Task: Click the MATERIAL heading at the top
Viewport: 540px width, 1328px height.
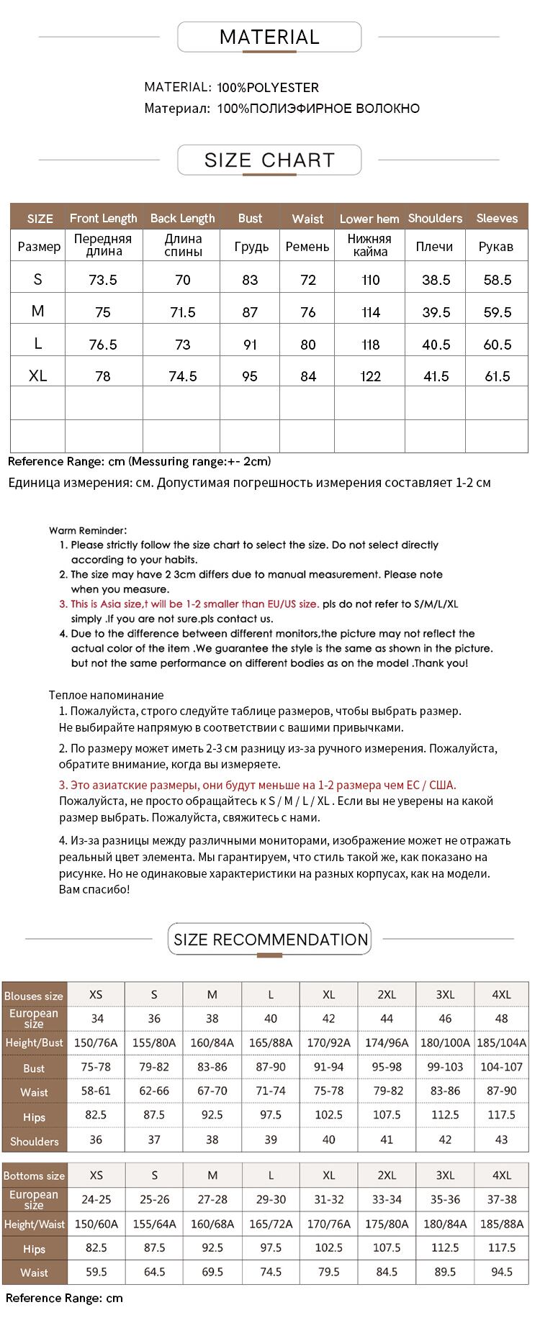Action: pyautogui.click(x=269, y=37)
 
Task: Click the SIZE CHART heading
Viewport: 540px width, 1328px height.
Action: pyautogui.click(x=269, y=160)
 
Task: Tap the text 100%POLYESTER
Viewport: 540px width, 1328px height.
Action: pyautogui.click(x=268, y=88)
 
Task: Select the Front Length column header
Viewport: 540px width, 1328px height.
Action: pyautogui.click(x=103, y=218)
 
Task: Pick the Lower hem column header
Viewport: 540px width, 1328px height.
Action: pyautogui.click(x=369, y=219)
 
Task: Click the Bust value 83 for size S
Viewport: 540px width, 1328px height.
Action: pyautogui.click(x=250, y=280)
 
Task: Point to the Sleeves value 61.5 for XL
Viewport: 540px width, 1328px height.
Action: pyautogui.click(x=497, y=376)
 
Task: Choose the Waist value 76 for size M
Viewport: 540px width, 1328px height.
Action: pyautogui.click(x=307, y=312)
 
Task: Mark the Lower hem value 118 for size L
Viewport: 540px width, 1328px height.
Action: pyautogui.click(x=370, y=345)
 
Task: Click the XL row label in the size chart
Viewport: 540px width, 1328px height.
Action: pyautogui.click(x=38, y=376)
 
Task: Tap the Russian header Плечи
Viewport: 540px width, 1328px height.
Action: pyautogui.click(x=434, y=247)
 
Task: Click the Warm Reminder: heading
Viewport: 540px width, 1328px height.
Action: pyautogui.click(x=88, y=530)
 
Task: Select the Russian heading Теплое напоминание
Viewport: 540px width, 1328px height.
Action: pyautogui.click(x=106, y=695)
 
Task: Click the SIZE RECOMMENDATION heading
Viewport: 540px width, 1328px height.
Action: pyautogui.click(x=271, y=940)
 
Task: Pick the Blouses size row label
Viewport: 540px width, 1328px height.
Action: pyautogui.click(x=34, y=996)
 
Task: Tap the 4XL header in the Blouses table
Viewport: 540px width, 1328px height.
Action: pyautogui.click(x=501, y=995)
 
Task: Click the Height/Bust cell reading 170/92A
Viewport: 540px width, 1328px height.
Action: pyautogui.click(x=328, y=1042)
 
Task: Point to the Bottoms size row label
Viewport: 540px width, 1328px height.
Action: pyautogui.click(x=34, y=1176)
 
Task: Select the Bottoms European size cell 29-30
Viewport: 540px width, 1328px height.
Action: pyautogui.click(x=271, y=1199)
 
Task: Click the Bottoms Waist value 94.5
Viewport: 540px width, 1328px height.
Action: pyautogui.click(x=501, y=1272)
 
